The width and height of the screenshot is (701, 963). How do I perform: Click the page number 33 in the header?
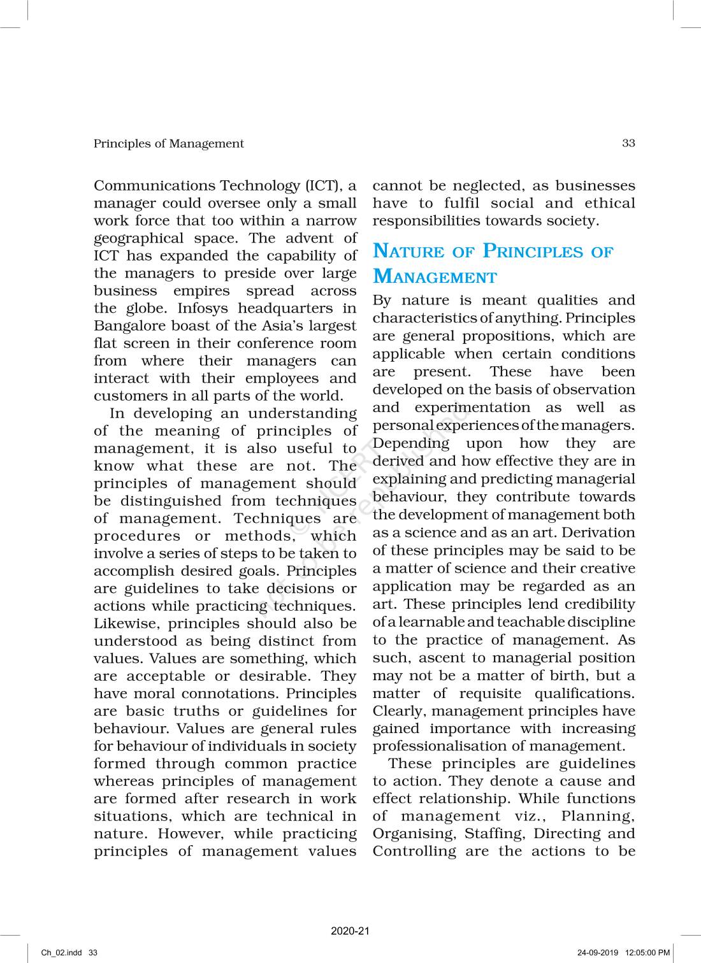pyautogui.click(x=628, y=143)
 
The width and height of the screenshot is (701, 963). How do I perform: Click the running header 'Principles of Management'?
pyautogui.click(x=168, y=143)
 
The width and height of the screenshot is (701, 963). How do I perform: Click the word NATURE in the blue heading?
pyautogui.click(x=408, y=251)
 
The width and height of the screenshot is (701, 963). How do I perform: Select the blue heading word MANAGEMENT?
pyautogui.click(x=435, y=277)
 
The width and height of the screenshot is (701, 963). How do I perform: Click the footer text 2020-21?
pyautogui.click(x=350, y=931)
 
